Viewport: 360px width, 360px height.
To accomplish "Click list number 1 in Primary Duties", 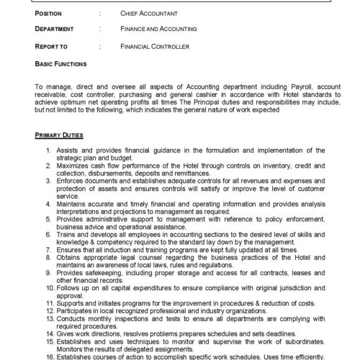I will [48, 150].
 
